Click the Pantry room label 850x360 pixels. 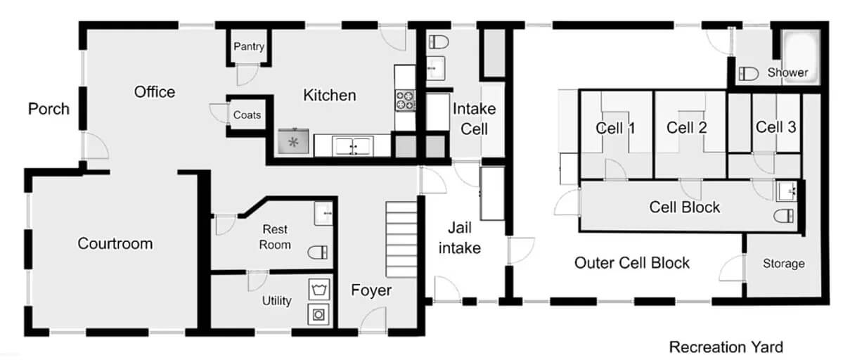pos(249,46)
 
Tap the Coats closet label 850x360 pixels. pos(247,115)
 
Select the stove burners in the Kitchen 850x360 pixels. pos(405,101)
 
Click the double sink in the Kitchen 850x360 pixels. pos(352,146)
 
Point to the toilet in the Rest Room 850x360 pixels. pos(317,252)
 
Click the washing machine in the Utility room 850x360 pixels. pos(318,314)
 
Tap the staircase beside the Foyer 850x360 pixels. pos(401,239)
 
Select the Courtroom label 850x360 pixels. pos(115,243)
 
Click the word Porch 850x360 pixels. pos(49,109)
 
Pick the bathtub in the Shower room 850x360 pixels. pos(801,57)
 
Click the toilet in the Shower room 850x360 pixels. pos(749,74)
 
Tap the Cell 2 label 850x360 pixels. pos(687,127)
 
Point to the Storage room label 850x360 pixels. pos(784,263)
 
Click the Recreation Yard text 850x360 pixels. pos(726,347)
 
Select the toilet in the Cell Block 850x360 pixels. pos(784,216)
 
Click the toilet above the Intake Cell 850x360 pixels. pos(439,41)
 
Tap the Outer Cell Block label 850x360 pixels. pos(632,263)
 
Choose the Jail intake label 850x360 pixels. pos(460,238)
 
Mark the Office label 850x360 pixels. pos(155,92)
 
